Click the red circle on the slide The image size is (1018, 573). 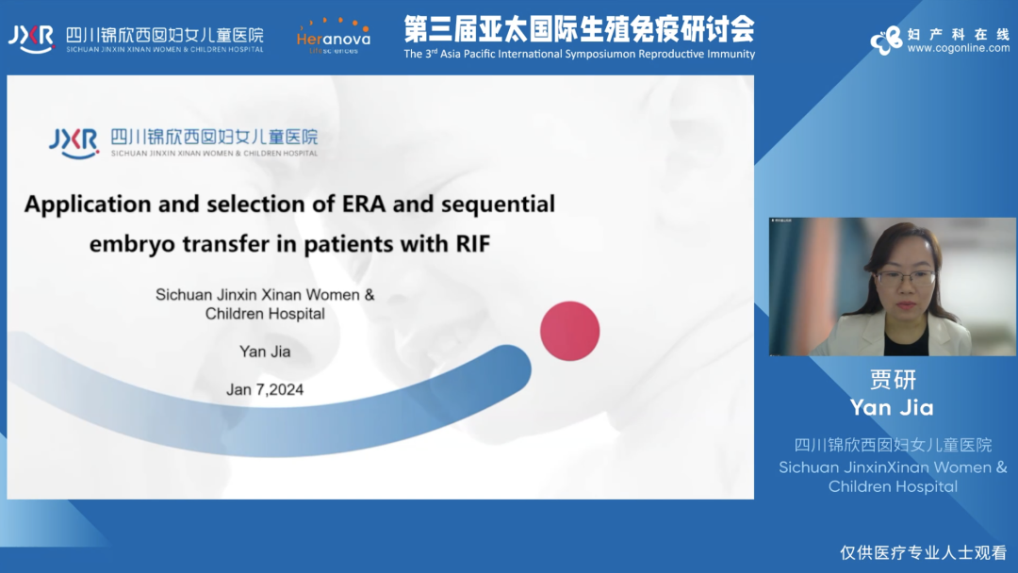[x=570, y=331]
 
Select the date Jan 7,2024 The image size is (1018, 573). [x=265, y=389]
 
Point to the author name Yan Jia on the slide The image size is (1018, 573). [x=265, y=352]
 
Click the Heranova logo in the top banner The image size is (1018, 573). [x=333, y=37]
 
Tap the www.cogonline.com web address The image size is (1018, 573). [x=959, y=48]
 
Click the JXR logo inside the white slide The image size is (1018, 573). [x=74, y=142]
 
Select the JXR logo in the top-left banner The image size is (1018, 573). [x=30, y=39]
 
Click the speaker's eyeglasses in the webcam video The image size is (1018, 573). [x=907, y=278]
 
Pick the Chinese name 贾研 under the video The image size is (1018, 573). [x=893, y=380]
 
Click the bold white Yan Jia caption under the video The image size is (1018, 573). [x=892, y=407]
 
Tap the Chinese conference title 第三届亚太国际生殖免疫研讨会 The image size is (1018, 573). [x=579, y=29]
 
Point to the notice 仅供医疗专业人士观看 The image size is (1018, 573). [x=923, y=552]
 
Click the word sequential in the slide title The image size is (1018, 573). [x=498, y=205]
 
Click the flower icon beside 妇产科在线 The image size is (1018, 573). [x=887, y=41]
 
